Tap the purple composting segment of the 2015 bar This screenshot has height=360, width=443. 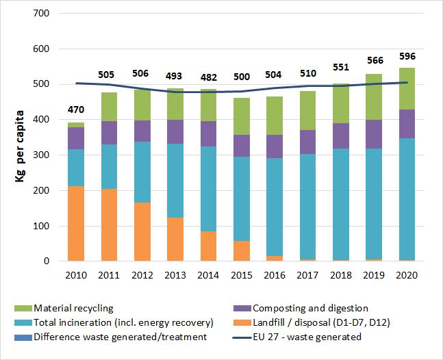[242, 146]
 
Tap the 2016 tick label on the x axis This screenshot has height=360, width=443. [275, 274]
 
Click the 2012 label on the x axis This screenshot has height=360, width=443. [142, 274]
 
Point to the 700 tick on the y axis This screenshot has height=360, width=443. [41, 14]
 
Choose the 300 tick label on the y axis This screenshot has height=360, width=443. [41, 155]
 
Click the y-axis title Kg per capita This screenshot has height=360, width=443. [20, 137]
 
